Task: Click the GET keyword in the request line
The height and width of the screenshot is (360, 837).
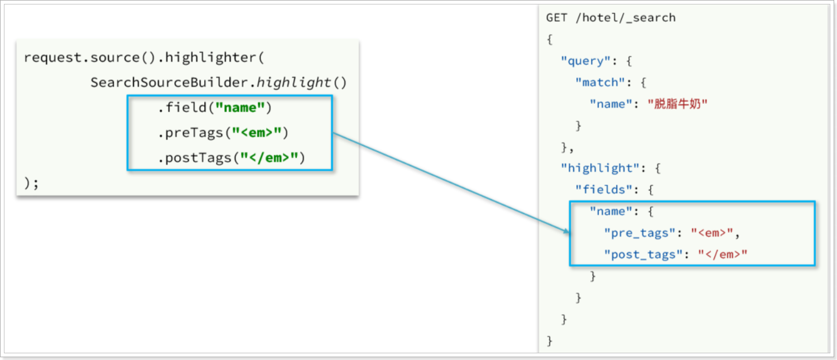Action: pyautogui.click(x=557, y=17)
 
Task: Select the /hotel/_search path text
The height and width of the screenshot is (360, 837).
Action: pyautogui.click(x=626, y=18)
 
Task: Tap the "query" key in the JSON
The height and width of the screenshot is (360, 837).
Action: pyautogui.click(x=585, y=61)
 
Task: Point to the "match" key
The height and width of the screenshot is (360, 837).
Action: pyautogui.click(x=600, y=82)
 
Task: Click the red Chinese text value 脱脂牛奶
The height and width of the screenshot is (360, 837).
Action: pyautogui.click(x=677, y=104)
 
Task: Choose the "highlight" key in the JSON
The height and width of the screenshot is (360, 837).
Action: pyautogui.click(x=600, y=168)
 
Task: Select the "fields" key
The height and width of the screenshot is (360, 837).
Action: pyautogui.click(x=604, y=190)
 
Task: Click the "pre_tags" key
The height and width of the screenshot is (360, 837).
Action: pyautogui.click(x=639, y=233)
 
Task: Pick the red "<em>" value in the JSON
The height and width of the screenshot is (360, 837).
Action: pyautogui.click(x=712, y=233)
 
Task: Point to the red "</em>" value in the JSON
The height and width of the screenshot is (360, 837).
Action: pyautogui.click(x=723, y=255)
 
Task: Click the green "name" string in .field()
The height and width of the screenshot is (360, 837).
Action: pyautogui.click(x=240, y=108)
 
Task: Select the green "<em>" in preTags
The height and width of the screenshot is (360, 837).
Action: pyautogui.click(x=257, y=133)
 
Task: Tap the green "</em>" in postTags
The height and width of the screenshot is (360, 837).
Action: pyautogui.click(x=269, y=158)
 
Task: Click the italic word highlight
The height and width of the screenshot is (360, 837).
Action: pyautogui.click(x=294, y=83)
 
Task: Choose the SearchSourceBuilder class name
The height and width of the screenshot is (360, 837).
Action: pyautogui.click(x=170, y=83)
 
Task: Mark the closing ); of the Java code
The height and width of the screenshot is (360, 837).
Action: pyautogui.click(x=31, y=183)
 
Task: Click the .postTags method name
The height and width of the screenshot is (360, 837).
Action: pyautogui.click(x=194, y=158)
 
